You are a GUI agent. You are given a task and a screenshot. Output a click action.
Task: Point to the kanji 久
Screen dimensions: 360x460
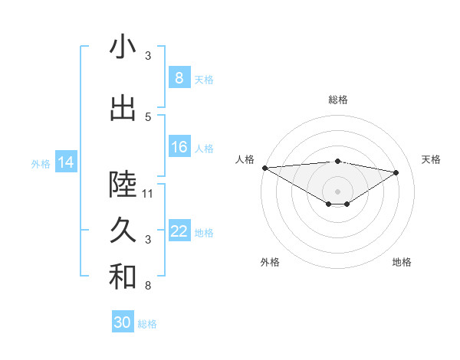pyautogui.click(x=123, y=230)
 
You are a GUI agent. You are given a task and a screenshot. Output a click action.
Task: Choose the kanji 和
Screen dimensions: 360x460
pyautogui.click(x=123, y=277)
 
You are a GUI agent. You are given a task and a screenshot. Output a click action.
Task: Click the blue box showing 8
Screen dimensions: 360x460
pyautogui.click(x=179, y=78)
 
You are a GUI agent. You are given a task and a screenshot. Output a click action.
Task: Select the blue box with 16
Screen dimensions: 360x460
pyautogui.click(x=179, y=147)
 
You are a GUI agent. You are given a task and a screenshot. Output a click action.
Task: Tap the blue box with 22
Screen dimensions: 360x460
pyautogui.click(x=179, y=231)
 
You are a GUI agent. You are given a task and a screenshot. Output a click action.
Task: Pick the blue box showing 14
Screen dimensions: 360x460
pyautogui.click(x=66, y=162)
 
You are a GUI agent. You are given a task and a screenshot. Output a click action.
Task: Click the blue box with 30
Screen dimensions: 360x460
pyautogui.click(x=123, y=322)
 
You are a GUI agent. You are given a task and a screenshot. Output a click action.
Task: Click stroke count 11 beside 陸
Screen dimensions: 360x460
pyautogui.click(x=148, y=194)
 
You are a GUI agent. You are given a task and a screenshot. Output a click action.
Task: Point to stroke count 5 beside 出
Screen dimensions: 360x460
pyautogui.click(x=148, y=116)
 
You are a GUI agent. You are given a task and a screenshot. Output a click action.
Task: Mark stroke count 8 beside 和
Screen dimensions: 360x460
pyautogui.click(x=148, y=286)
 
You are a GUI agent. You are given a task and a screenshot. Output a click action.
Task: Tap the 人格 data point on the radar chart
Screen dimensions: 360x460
pyautogui.click(x=264, y=168)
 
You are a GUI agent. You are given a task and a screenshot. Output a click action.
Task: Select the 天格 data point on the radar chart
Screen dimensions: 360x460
pyautogui.click(x=396, y=172)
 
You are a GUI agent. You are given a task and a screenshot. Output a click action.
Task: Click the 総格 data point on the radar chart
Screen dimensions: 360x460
pyautogui.click(x=337, y=161)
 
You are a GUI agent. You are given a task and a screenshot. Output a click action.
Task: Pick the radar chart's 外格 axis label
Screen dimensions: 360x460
pyautogui.click(x=270, y=262)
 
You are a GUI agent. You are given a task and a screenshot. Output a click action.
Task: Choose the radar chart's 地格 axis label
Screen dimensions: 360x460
pyautogui.click(x=402, y=262)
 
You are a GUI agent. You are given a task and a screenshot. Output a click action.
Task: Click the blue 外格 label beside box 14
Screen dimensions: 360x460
pyautogui.click(x=41, y=163)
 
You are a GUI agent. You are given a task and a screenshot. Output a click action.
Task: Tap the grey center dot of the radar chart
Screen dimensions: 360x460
pyautogui.click(x=337, y=191)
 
